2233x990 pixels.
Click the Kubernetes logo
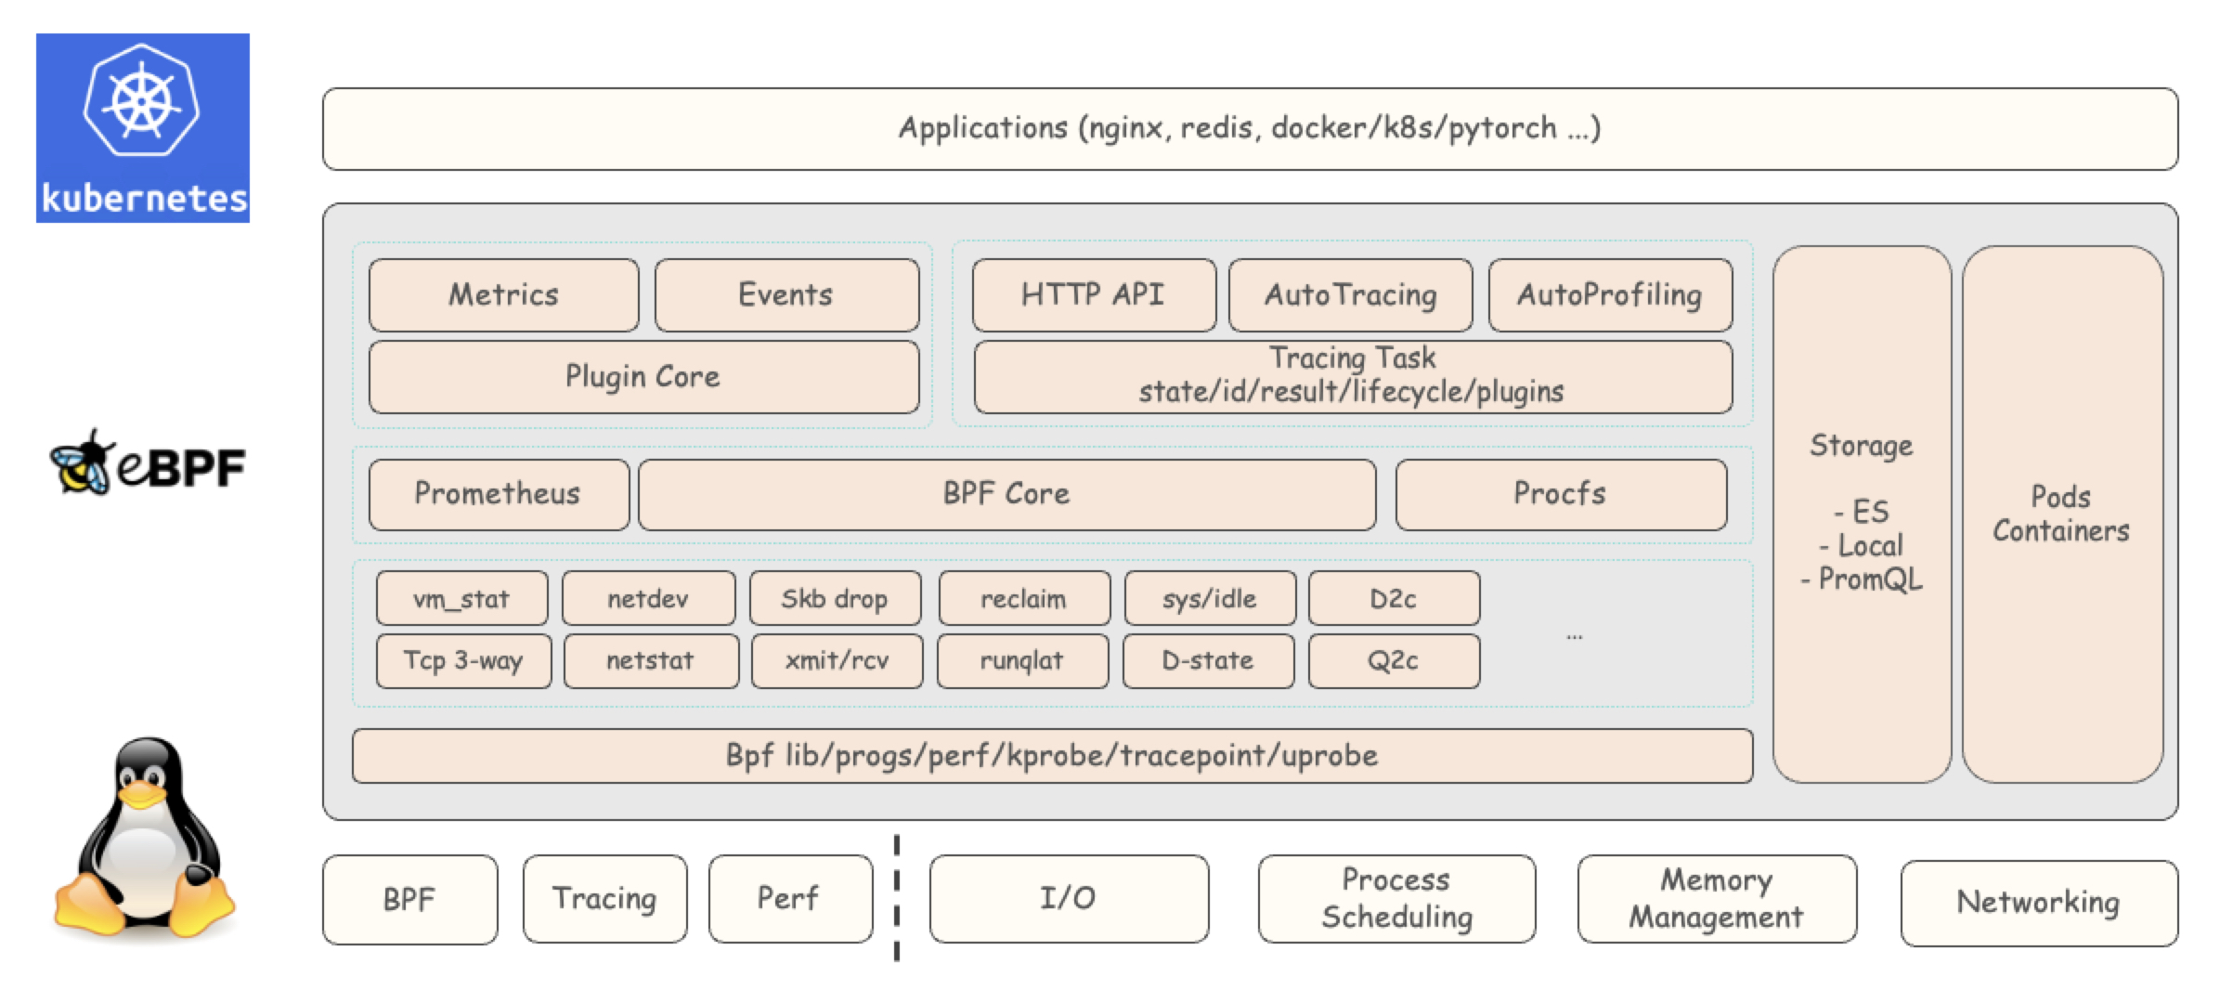143,128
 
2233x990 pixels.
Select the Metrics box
504,295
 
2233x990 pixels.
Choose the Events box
786,295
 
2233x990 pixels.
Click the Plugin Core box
643,377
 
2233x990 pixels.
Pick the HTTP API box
1094,295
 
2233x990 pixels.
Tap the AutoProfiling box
1610,295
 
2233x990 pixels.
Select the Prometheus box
499,494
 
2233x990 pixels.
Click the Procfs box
1561,494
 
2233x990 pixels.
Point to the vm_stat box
461,599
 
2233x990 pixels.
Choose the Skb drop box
835,599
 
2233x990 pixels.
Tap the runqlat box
1022,661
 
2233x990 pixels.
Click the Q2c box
1394,661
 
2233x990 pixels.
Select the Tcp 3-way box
463,661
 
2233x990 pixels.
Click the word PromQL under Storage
1870,580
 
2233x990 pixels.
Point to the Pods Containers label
2061,514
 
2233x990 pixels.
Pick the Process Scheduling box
1396,899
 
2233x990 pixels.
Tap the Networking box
2039,903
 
